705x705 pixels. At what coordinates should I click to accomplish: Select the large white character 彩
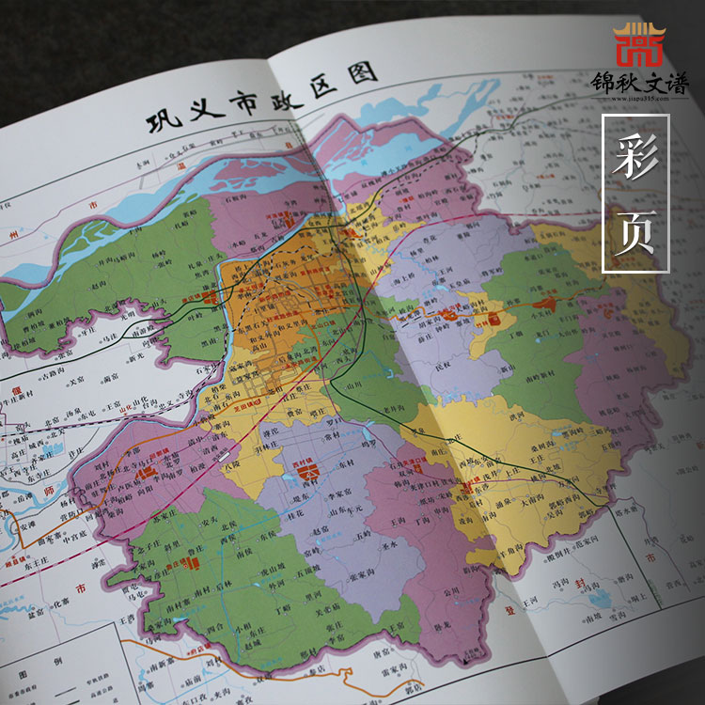coord(635,159)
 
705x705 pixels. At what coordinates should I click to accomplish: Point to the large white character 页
coord(635,230)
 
